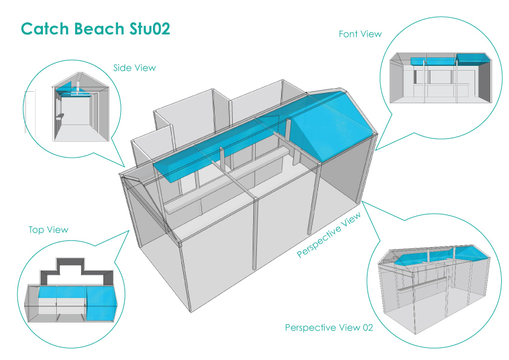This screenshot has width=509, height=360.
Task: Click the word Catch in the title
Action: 45,28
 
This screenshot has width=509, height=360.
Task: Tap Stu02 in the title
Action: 150,28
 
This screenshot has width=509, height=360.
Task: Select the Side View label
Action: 134,68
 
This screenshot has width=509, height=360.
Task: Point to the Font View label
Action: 360,34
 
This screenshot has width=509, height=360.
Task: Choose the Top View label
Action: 48,230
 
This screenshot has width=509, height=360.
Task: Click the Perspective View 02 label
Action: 329,327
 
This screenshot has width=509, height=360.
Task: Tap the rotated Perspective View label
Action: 328,234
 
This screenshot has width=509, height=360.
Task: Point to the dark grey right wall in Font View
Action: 484,81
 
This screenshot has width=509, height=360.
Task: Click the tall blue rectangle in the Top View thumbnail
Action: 102,304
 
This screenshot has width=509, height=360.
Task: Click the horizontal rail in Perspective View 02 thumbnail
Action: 424,284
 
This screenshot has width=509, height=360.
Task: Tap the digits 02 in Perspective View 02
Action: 368,327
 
